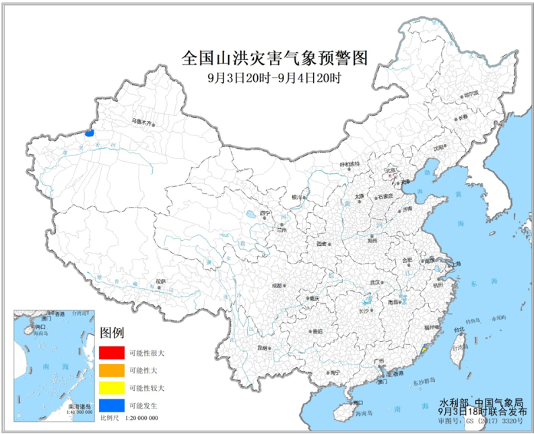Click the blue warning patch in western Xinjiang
[x=89, y=132]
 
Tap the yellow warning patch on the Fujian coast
[x=423, y=350]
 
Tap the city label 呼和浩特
[x=349, y=164]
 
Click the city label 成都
[x=277, y=285]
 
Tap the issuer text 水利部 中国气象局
[x=480, y=400]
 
